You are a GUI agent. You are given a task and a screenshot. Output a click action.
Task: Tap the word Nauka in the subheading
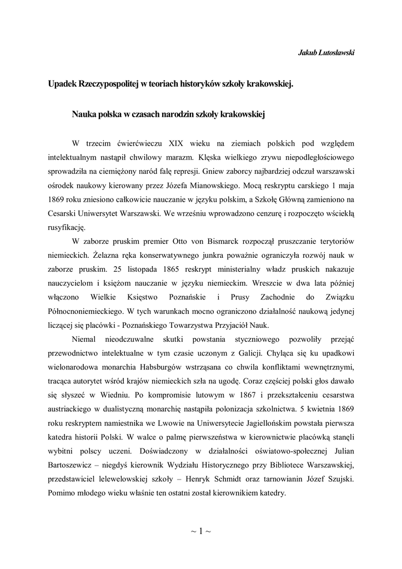84,115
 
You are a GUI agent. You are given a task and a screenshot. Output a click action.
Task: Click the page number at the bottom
201,531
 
